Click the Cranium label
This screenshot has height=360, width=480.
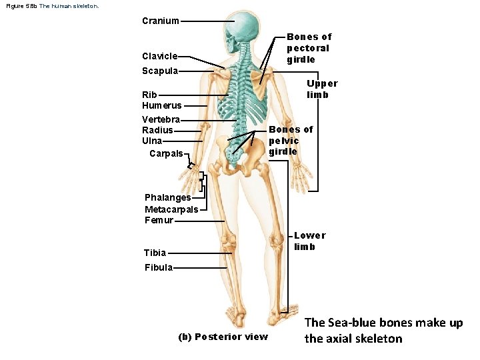click(x=160, y=21)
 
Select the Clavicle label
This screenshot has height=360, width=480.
click(x=159, y=56)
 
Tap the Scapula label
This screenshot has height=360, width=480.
click(x=159, y=71)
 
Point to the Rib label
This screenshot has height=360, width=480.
click(x=149, y=95)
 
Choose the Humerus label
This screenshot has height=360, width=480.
click(x=161, y=105)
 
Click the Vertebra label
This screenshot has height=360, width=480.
click(x=161, y=119)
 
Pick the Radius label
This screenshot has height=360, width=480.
click(x=157, y=130)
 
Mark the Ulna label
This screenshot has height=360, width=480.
click(x=152, y=141)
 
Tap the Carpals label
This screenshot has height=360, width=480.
click(x=166, y=153)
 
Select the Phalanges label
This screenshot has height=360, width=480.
click(x=167, y=197)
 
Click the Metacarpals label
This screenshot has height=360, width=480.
click(x=171, y=209)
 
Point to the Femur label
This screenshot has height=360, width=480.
click(x=159, y=220)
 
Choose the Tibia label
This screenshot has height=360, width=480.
click(x=155, y=253)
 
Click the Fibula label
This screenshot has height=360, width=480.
click(x=159, y=267)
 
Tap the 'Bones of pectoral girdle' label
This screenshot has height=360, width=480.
click(x=308, y=48)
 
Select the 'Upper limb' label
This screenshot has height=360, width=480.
click(x=322, y=89)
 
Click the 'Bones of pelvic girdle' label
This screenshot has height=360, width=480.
click(x=290, y=141)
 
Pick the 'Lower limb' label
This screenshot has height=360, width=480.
click(x=309, y=241)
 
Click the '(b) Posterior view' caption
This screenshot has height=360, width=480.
click(x=223, y=337)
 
